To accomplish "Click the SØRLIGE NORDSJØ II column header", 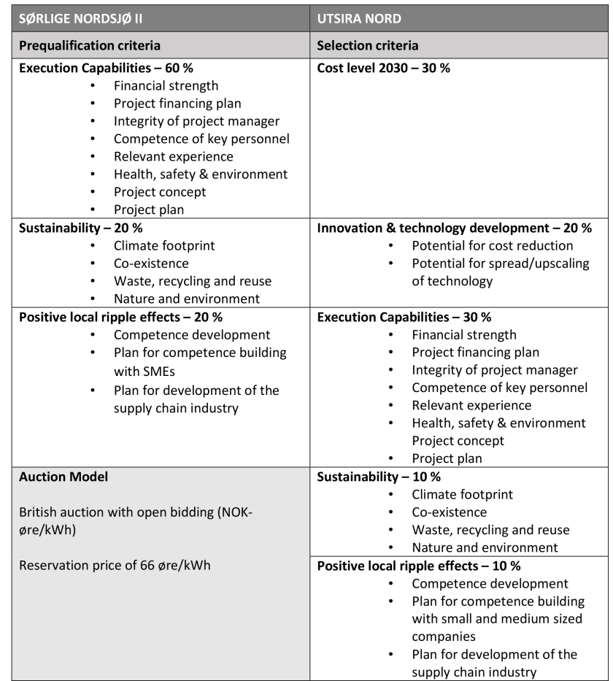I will [80, 19].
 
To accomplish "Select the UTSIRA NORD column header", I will [360, 19].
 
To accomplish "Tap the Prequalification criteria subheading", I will [89, 45].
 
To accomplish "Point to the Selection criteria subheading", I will [367, 45].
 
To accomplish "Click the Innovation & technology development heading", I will [454, 228].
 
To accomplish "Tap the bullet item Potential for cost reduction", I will [492, 246].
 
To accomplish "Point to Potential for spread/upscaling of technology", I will [500, 272].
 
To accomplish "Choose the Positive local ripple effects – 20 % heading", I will [120, 317].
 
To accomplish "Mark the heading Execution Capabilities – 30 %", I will [404, 317].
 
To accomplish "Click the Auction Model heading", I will [63, 477].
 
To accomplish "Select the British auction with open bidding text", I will [135, 520].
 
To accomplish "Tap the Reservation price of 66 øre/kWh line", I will [115, 565].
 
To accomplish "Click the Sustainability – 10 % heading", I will [379, 477].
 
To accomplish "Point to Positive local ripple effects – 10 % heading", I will [418, 566].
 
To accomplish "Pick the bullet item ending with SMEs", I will [200, 361].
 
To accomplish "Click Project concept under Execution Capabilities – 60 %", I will [160, 192].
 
